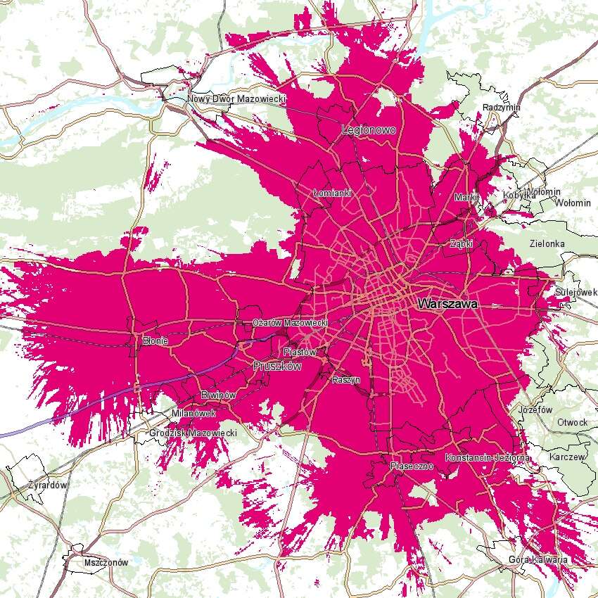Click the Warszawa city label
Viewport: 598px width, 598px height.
(447, 305)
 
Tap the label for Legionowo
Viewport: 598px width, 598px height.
(369, 130)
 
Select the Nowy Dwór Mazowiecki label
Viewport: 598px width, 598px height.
(236, 99)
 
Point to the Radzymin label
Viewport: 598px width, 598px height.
(502, 108)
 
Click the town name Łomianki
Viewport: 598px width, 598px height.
(332, 193)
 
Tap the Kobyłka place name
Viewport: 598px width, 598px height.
(520, 195)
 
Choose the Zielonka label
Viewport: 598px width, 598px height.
(547, 243)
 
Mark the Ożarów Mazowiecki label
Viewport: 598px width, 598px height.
(291, 322)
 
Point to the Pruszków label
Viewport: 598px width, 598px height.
(277, 367)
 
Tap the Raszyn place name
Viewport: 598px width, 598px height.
(345, 379)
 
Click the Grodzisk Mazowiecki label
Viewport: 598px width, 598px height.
(193, 433)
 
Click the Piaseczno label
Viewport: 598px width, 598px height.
(410, 466)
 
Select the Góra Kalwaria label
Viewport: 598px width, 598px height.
(537, 559)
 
